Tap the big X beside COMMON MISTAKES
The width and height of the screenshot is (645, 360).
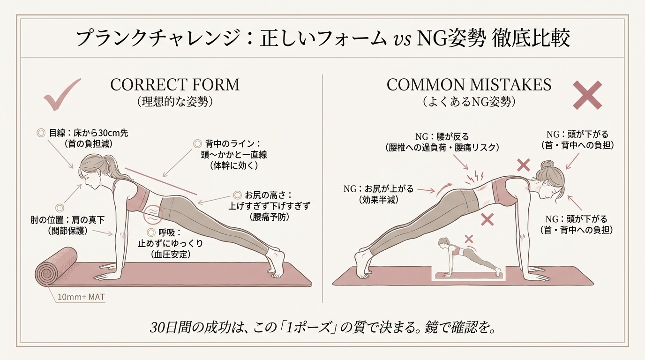(587, 95)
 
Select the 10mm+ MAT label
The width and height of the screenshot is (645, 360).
(81, 297)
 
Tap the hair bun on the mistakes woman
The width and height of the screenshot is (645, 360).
(546, 165)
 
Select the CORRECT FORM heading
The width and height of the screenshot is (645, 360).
(175, 85)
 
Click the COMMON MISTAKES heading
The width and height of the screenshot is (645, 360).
(469, 85)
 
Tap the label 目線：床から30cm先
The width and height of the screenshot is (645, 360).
(89, 133)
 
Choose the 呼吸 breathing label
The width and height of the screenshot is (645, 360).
(169, 232)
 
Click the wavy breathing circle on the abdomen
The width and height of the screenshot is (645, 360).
(153, 215)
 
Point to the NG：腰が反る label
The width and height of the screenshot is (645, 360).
(442, 136)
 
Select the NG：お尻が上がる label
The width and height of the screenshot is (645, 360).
(378, 189)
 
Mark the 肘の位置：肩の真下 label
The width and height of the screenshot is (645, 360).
(67, 220)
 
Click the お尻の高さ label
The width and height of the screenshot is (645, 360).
(268, 195)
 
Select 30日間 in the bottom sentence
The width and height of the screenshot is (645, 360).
(170, 328)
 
